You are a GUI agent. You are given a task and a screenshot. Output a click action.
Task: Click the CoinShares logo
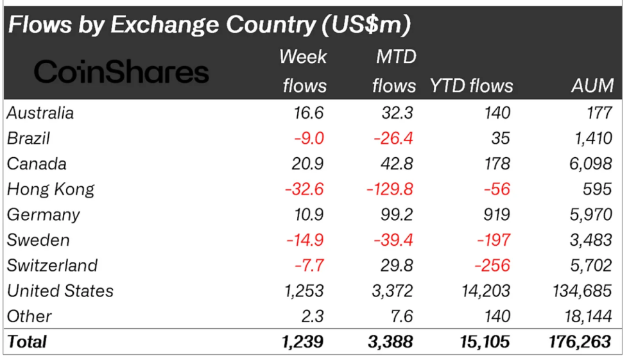[x=121, y=71]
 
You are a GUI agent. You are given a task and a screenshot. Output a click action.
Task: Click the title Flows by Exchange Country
[x=209, y=24]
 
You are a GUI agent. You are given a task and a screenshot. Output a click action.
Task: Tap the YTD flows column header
[x=471, y=85]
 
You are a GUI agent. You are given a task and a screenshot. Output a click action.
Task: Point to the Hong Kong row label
[x=51, y=189]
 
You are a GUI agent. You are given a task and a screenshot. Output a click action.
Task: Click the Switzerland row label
[x=52, y=266]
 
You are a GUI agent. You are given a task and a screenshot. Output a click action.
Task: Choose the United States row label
[x=60, y=291]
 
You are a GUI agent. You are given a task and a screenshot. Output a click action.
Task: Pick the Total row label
[x=27, y=341]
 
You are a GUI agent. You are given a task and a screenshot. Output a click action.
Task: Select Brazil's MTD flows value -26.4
[x=390, y=139]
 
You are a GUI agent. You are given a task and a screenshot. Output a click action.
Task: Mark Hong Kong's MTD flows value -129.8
[x=385, y=189]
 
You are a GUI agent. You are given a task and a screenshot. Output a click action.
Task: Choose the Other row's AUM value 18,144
[x=583, y=316]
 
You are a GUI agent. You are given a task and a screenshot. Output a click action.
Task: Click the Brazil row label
[x=28, y=139]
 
